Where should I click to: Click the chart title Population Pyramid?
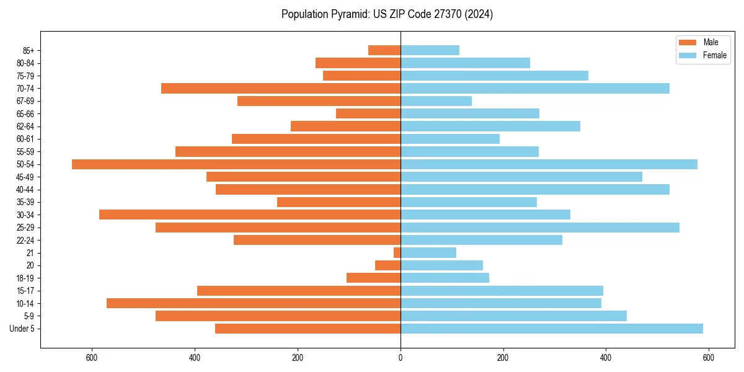[387, 14]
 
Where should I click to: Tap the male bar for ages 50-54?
[236, 164]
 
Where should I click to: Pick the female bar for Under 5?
[552, 329]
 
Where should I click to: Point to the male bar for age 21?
[397, 253]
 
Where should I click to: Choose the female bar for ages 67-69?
[436, 101]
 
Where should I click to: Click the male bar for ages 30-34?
[250, 215]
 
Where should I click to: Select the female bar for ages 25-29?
[540, 228]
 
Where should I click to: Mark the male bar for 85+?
[384, 50]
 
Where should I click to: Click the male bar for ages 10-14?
[254, 303]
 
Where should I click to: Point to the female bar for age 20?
[441, 265]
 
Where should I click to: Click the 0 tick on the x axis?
[401, 358]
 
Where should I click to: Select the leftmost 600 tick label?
[92, 358]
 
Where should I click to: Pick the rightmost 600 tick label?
[709, 358]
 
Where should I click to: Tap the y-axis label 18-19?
[25, 278]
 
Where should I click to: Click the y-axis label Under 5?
[22, 329]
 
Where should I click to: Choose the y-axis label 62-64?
[25, 126]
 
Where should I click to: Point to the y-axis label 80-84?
[25, 63]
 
